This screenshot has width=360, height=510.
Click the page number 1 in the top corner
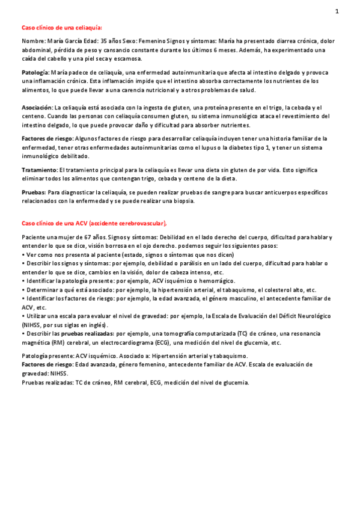(x=337, y=11)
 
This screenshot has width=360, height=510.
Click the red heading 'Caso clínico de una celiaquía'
(x=61, y=28)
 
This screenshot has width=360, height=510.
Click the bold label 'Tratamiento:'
(x=39, y=170)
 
